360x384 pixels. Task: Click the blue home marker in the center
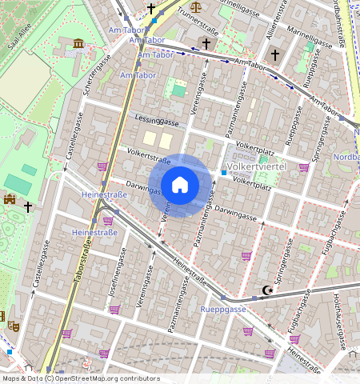(x=180, y=186)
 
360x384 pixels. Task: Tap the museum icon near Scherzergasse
(x=78, y=43)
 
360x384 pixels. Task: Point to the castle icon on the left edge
(x=10, y=198)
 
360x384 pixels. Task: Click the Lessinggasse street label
(x=157, y=122)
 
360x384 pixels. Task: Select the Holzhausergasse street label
(x=339, y=320)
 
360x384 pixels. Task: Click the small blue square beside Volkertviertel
(x=224, y=173)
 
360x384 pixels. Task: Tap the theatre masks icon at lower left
(x=13, y=325)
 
